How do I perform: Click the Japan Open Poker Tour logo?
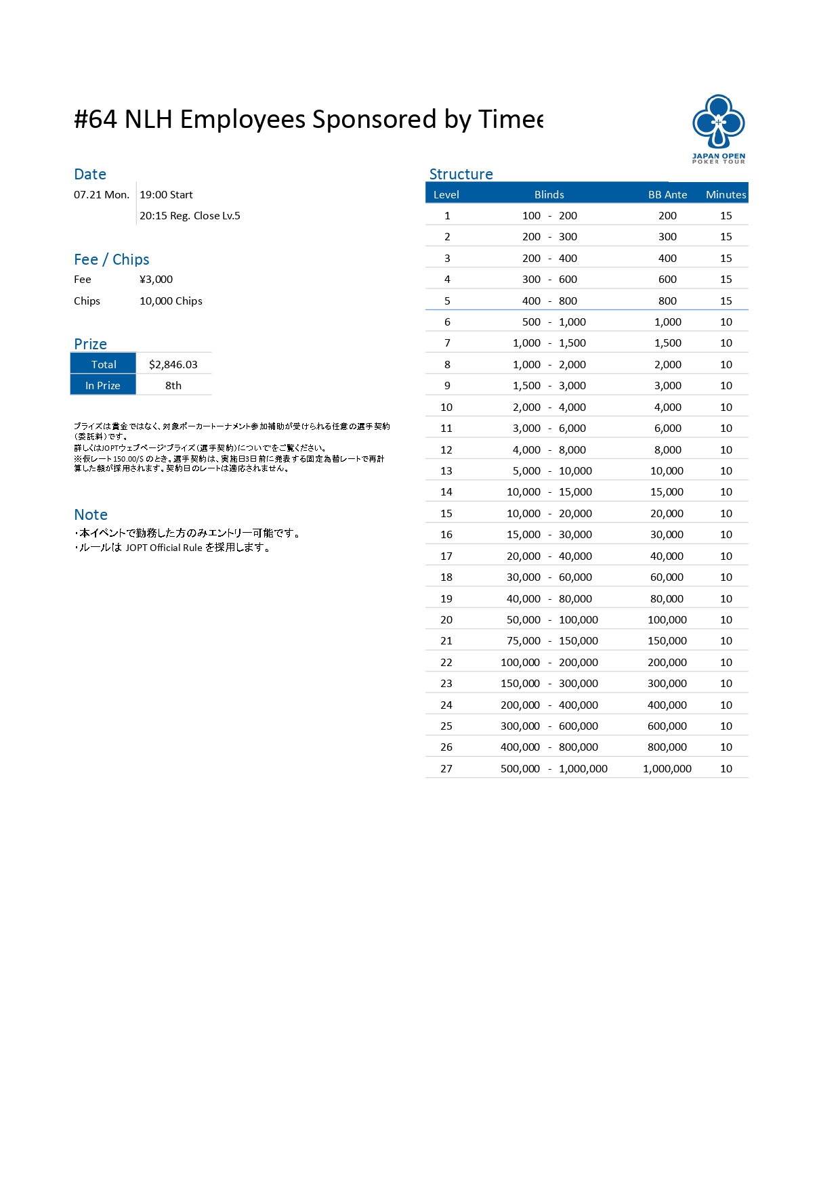pyautogui.click(x=718, y=129)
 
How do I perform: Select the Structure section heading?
pyautogui.click(x=461, y=174)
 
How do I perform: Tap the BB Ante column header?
pyautogui.click(x=667, y=195)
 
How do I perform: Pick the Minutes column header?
pyautogui.click(x=726, y=195)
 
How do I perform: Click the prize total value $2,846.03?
pyautogui.click(x=173, y=365)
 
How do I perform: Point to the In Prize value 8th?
pyautogui.click(x=173, y=386)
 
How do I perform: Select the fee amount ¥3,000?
pyautogui.click(x=156, y=280)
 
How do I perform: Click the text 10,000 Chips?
pyautogui.click(x=171, y=301)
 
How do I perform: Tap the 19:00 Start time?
pyautogui.click(x=166, y=195)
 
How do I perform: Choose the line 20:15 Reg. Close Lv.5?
pyautogui.click(x=190, y=216)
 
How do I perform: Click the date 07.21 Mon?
pyautogui.click(x=102, y=195)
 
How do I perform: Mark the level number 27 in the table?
pyautogui.click(x=446, y=769)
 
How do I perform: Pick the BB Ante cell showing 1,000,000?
pyautogui.click(x=667, y=769)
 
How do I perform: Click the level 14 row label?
pyautogui.click(x=446, y=492)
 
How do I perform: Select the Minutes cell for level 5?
pyautogui.click(x=726, y=301)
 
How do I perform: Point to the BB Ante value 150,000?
pyautogui.click(x=667, y=641)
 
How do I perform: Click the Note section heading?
pyautogui.click(x=91, y=514)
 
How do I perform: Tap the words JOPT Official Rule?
pyautogui.click(x=164, y=548)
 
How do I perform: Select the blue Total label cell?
pyautogui.click(x=104, y=365)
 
